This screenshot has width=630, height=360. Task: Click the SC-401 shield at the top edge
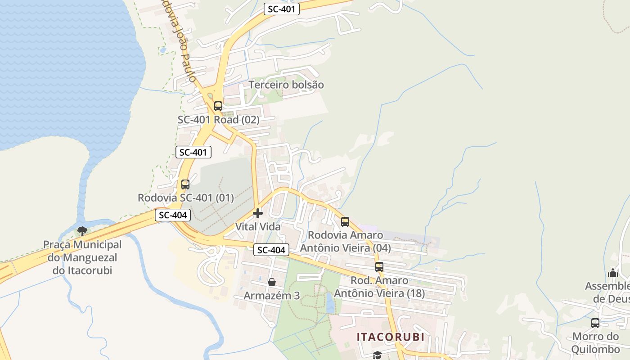pyautogui.click(x=281, y=9)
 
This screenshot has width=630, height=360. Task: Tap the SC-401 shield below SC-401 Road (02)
pyautogui.click(x=193, y=152)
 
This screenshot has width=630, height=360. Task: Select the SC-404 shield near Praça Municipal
pyautogui.click(x=173, y=215)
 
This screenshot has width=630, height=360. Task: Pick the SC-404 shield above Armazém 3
pyautogui.click(x=271, y=250)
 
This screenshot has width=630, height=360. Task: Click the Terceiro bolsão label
pyautogui.click(x=286, y=85)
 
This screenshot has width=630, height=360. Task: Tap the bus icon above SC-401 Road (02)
pyautogui.click(x=218, y=106)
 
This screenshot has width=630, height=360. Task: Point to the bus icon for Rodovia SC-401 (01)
pyautogui.click(x=185, y=184)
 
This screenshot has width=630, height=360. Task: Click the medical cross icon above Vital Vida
pyautogui.click(x=258, y=213)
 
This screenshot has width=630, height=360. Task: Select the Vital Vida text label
pyautogui.click(x=258, y=226)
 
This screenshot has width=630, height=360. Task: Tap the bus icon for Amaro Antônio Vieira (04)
pyautogui.click(x=345, y=221)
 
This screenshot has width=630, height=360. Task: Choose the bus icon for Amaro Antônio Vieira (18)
pyautogui.click(x=379, y=266)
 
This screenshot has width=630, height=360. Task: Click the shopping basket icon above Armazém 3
pyautogui.click(x=272, y=282)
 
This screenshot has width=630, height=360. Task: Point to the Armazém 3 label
pyautogui.click(x=272, y=296)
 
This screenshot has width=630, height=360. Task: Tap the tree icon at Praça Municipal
pyautogui.click(x=82, y=231)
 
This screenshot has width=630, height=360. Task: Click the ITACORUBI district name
pyautogui.click(x=391, y=337)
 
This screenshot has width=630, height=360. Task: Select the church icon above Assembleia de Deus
pyautogui.click(x=613, y=273)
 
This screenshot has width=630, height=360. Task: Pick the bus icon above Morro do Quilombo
pyautogui.click(x=595, y=323)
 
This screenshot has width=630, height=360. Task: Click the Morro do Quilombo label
pyautogui.click(x=596, y=342)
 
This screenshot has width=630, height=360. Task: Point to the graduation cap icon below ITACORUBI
pyautogui.click(x=377, y=355)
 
